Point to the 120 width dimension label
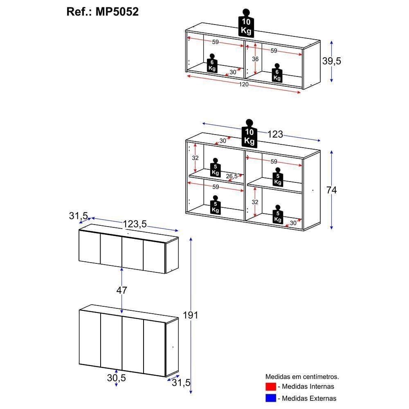pyautogui.click(x=244, y=84)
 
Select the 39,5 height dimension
pyautogui.click(x=332, y=61)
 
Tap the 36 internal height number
pyautogui.click(x=255, y=59)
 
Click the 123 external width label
pyautogui.click(x=275, y=134)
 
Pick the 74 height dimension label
pyautogui.click(x=331, y=190)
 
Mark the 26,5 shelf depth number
pyautogui.click(x=231, y=176)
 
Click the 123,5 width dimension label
pyautogui.click(x=135, y=224)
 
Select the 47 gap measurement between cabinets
pyautogui.click(x=122, y=290)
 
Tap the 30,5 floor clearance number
pyautogui.click(x=117, y=378)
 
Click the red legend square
pyautogui.click(x=270, y=387)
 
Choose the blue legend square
pyautogui.click(x=270, y=398)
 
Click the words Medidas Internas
pyautogui.click(x=306, y=387)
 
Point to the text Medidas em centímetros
pyautogui.click(x=302, y=377)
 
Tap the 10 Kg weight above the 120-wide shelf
pyautogui.click(x=246, y=24)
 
